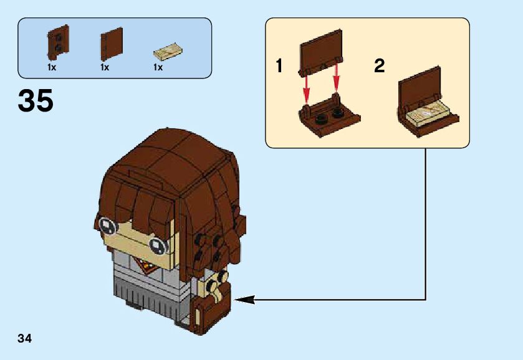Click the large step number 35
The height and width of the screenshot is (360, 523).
pos(36,101)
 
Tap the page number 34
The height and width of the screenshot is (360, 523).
pos(25,339)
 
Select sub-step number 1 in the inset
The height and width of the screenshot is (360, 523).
pos(280,65)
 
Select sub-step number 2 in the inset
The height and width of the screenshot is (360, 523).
pos(379,65)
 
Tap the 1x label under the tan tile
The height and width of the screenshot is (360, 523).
pos(158,68)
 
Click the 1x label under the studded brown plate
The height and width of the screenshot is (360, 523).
pos(51,68)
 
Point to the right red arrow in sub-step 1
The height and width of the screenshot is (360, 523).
pos(337,79)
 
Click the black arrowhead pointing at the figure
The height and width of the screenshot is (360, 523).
pos(244,300)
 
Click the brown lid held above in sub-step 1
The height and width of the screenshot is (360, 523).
pos(321,54)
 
